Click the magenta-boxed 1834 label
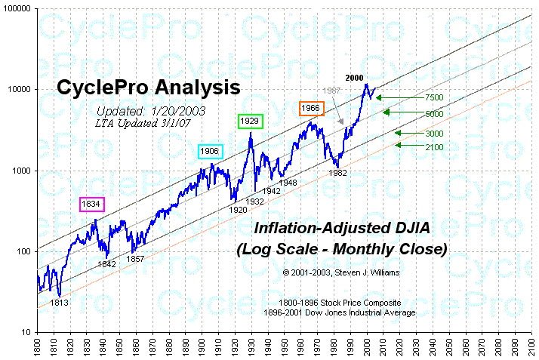click(92, 204)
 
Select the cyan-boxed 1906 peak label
click(210, 151)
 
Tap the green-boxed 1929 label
click(248, 121)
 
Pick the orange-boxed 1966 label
click(311, 108)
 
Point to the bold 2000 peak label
click(356, 78)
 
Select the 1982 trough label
click(337, 173)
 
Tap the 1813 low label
click(60, 302)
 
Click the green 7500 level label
click(433, 97)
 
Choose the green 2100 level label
click(433, 146)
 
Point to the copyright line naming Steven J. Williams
click(341, 272)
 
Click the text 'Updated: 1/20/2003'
click(141, 110)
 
